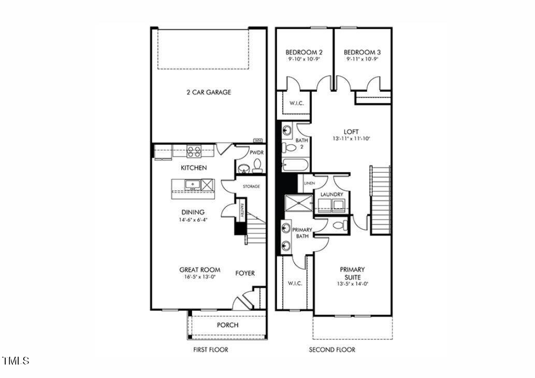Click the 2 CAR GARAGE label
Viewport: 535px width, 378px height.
209,92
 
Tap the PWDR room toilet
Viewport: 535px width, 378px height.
257,166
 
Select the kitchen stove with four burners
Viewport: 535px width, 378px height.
194,151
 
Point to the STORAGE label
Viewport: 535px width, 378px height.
251,186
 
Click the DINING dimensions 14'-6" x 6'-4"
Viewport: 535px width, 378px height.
193,220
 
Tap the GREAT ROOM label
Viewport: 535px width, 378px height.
199,270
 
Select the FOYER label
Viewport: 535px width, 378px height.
245,273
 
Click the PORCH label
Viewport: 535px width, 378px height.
227,325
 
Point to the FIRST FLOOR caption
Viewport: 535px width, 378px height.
210,349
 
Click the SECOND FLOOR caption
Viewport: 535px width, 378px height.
332,349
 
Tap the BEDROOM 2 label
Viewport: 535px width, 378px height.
304,52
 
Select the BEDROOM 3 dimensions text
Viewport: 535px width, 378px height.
363,60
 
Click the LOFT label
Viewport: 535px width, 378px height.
351,132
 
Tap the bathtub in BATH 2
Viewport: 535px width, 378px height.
295,166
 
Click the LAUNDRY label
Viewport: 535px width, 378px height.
332,194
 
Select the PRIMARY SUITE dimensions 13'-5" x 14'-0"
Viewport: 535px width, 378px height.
352,284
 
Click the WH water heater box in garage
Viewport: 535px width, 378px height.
257,140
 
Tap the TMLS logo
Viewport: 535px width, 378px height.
16,360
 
